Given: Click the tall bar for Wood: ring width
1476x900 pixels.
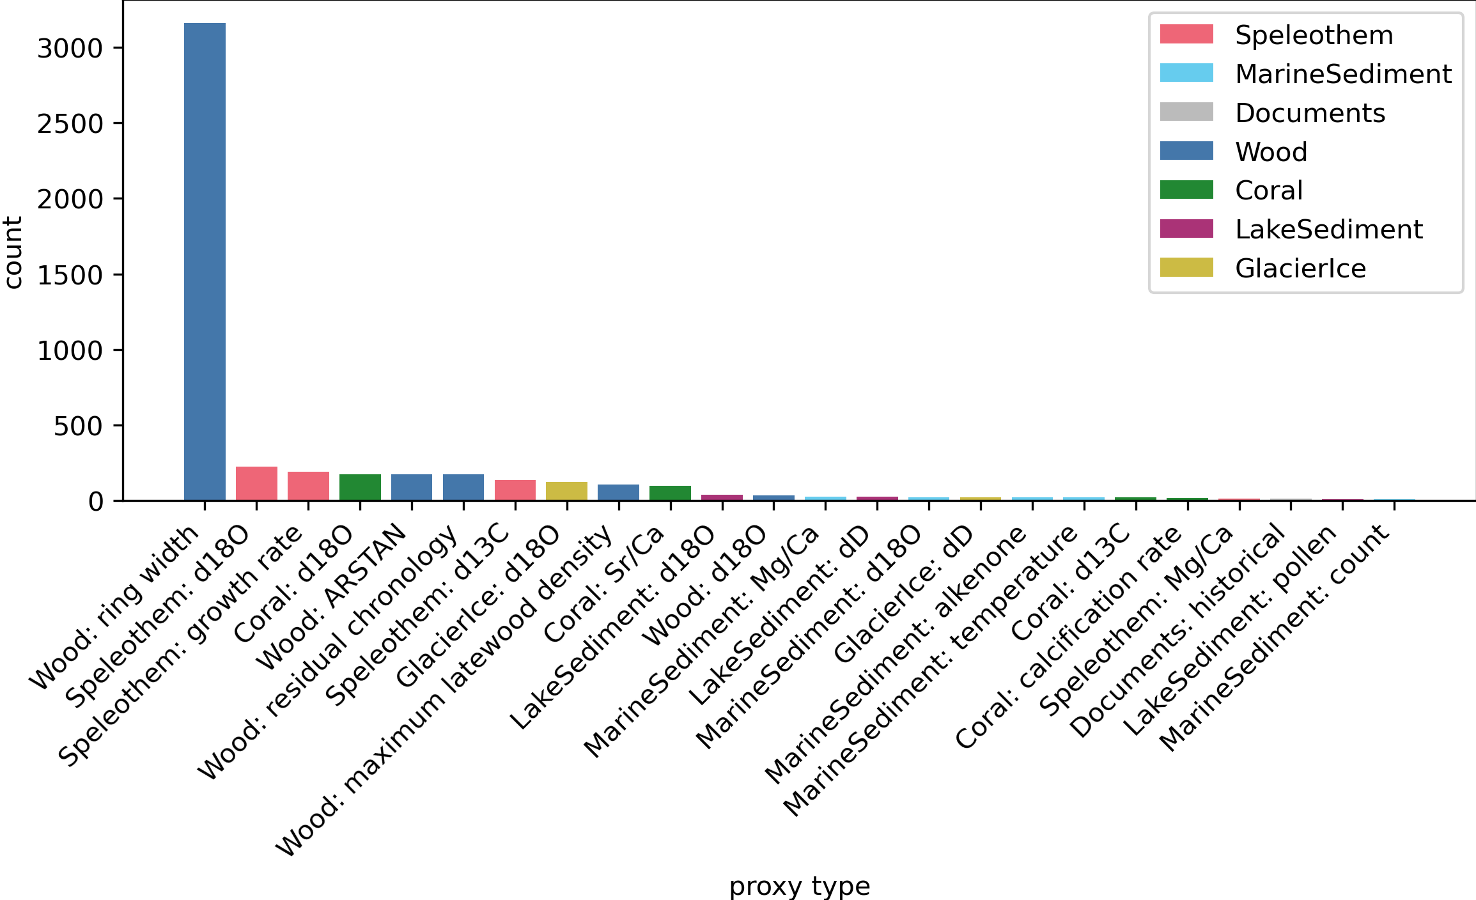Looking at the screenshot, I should (x=205, y=262).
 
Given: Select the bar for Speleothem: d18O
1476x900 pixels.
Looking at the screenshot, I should (x=256, y=484).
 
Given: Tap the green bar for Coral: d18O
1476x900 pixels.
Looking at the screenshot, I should (x=360, y=488).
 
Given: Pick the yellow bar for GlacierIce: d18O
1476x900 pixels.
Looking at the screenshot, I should (x=566, y=492).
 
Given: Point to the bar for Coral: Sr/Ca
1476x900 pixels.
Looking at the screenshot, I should (x=670, y=493).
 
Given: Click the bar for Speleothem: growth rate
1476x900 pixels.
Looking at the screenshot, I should (x=308, y=486).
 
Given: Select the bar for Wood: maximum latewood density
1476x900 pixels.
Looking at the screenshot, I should (x=618, y=493).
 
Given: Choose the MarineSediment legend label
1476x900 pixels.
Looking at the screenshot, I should (x=1343, y=74).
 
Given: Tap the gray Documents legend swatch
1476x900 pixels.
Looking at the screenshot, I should (x=1186, y=112).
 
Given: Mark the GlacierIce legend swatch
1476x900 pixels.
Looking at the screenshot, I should (x=1186, y=268).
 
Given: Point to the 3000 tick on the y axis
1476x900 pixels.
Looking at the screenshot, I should (x=70, y=49).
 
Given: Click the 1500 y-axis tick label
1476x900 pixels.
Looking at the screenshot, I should (x=70, y=275).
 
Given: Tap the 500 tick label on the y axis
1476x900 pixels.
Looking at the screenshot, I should (x=78, y=426).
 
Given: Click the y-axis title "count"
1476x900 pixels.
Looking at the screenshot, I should (x=13, y=252).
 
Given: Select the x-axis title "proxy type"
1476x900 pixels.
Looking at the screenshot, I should (x=799, y=887).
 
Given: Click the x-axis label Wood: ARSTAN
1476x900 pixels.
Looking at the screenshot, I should (x=331, y=596).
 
